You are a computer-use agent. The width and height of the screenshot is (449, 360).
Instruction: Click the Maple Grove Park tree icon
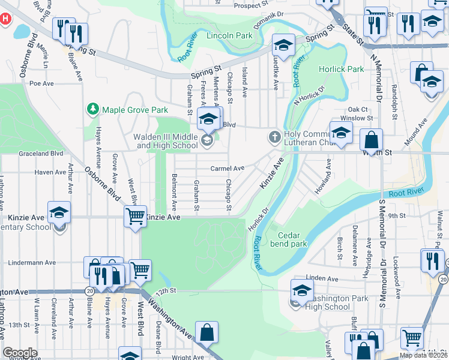pyautogui.click(x=93, y=109)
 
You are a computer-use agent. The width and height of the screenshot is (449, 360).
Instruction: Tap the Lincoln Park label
pyautogui.click(x=229, y=36)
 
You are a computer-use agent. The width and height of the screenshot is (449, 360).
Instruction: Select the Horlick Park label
pyautogui.click(x=342, y=69)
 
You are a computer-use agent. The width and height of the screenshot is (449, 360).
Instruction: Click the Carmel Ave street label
pyautogui.click(x=227, y=169)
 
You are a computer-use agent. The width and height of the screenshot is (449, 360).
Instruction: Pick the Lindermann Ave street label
pyautogui.click(x=32, y=263)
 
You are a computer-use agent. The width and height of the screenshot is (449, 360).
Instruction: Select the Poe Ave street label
pyautogui.click(x=42, y=83)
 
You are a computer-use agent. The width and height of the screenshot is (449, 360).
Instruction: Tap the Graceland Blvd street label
pyautogui.click(x=41, y=153)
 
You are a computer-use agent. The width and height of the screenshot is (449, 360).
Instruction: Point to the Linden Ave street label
pyautogui.click(x=322, y=278)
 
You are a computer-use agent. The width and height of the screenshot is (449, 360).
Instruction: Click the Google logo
pyautogui.click(x=20, y=353)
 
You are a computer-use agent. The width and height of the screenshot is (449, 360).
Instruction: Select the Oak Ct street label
pyautogui.click(x=358, y=109)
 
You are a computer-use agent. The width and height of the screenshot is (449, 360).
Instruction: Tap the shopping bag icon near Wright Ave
pyautogui.click(x=206, y=332)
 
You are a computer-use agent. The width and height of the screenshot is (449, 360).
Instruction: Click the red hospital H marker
pyautogui.click(x=5, y=18)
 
